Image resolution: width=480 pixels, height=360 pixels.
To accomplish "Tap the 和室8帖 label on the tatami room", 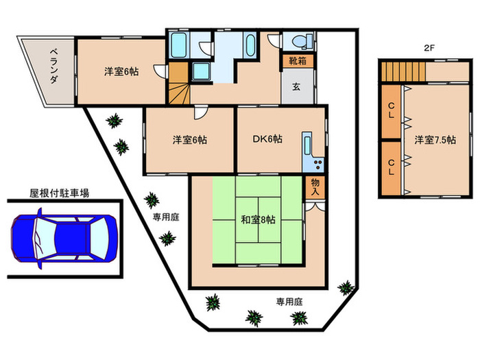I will tap(258, 220).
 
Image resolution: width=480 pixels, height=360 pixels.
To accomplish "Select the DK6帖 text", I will tap(267, 140).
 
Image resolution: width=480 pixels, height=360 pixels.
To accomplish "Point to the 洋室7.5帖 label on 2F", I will tap(435, 140).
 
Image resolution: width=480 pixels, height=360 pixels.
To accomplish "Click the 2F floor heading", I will tap(429, 48).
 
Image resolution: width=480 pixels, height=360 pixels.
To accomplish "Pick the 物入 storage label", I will tap(315, 187).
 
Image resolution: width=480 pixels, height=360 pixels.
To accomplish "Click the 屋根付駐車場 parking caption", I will tap(59, 194).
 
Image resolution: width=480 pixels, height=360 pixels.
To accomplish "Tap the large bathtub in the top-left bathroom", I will tap(178, 46).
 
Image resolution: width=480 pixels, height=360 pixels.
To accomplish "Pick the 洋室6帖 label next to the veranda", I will tap(121, 71).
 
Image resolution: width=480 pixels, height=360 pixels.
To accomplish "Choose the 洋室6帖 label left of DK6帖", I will tap(189, 140).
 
